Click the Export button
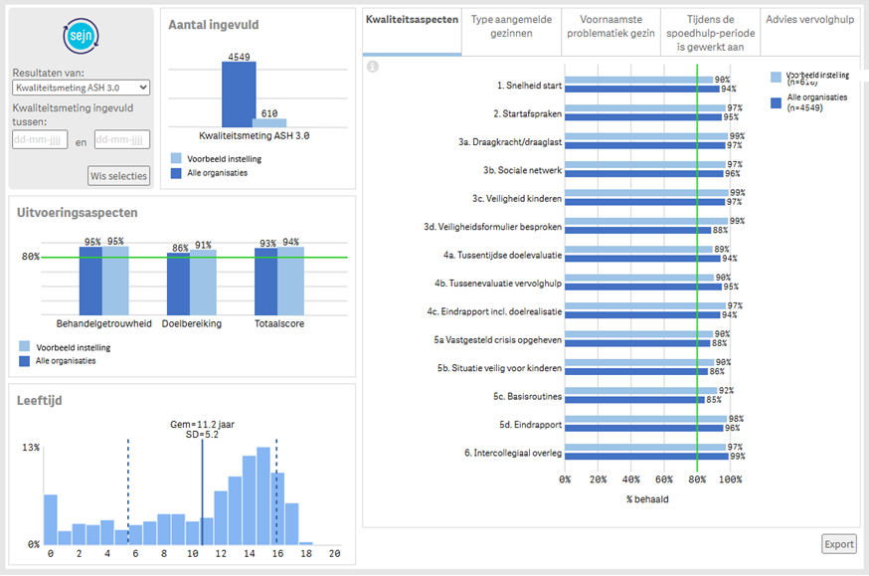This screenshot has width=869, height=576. [839, 544]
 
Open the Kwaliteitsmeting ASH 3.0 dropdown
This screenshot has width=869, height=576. [82, 89]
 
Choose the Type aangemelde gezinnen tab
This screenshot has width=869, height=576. [511, 26]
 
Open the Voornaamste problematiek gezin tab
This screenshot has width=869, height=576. [609, 26]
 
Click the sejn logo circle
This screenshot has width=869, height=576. [81, 37]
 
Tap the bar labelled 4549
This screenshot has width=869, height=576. [239, 95]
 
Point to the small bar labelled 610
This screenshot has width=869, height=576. [268, 123]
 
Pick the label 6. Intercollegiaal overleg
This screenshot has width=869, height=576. [513, 453]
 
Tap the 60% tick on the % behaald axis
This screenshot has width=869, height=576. [665, 480]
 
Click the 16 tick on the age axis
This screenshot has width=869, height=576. [276, 553]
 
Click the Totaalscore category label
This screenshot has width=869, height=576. [279, 323]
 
